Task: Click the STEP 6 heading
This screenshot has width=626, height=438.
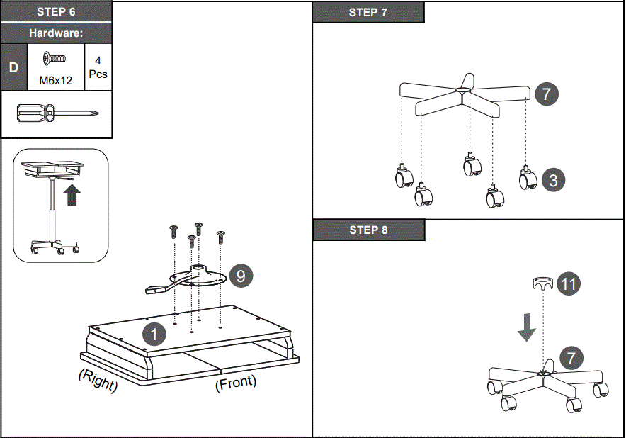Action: pyautogui.click(x=56, y=12)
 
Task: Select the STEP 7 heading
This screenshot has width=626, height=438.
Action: pyautogui.click(x=368, y=13)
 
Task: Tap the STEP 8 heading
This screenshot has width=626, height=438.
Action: pyautogui.click(x=368, y=230)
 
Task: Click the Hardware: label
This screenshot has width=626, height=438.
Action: pyautogui.click(x=56, y=33)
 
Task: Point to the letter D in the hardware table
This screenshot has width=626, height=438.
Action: pyautogui.click(x=13, y=67)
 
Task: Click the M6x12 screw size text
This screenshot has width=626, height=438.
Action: pyautogui.click(x=55, y=81)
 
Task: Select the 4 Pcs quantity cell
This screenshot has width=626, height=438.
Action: pyautogui.click(x=98, y=67)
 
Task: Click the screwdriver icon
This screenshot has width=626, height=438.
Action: pyautogui.click(x=57, y=113)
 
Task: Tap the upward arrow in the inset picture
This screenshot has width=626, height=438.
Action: pyautogui.click(x=71, y=195)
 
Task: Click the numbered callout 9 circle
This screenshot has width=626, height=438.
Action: pyautogui.click(x=241, y=276)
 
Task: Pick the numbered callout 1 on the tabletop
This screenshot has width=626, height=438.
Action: pyautogui.click(x=154, y=334)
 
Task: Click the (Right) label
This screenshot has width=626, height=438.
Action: pyautogui.click(x=98, y=381)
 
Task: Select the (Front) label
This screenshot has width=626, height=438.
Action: pyautogui.click(x=235, y=383)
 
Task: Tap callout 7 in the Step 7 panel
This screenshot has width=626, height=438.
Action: pyautogui.click(x=547, y=94)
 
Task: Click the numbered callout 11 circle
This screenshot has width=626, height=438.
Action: pyautogui.click(x=568, y=283)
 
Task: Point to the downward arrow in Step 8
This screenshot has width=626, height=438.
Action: pyautogui.click(x=525, y=327)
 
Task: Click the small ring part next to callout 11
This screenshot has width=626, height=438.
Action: pyautogui.click(x=542, y=283)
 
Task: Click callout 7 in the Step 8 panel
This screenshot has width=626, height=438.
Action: pyautogui.click(x=571, y=359)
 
